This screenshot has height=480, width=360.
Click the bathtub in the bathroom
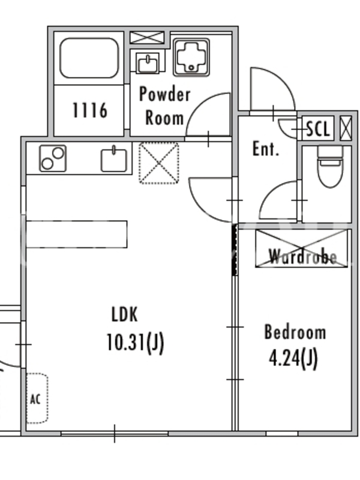[x=89, y=58]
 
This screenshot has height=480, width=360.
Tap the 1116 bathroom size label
[x=90, y=110]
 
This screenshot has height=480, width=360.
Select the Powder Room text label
[x=164, y=106]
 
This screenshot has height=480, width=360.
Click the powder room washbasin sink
[x=148, y=63]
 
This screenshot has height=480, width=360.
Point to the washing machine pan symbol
[x=191, y=57]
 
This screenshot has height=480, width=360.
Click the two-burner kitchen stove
[x=53, y=158]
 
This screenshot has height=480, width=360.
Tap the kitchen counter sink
[x=114, y=159]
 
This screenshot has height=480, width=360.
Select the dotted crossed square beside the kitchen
[x=158, y=163]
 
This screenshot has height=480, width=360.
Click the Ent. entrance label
[x=266, y=149]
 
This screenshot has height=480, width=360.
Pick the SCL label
[x=319, y=129]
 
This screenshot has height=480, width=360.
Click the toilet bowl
[x=329, y=167]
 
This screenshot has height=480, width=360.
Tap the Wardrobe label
[x=303, y=257]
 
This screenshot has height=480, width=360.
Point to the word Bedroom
[x=295, y=332]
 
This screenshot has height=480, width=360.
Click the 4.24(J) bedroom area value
[x=293, y=359]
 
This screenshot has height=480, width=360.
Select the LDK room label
[x=125, y=314]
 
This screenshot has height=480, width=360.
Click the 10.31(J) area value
[x=135, y=343]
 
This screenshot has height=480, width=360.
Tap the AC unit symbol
[x=37, y=398]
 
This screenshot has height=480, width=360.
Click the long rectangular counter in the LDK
[x=77, y=234]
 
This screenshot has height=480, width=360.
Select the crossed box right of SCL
[x=346, y=128]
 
